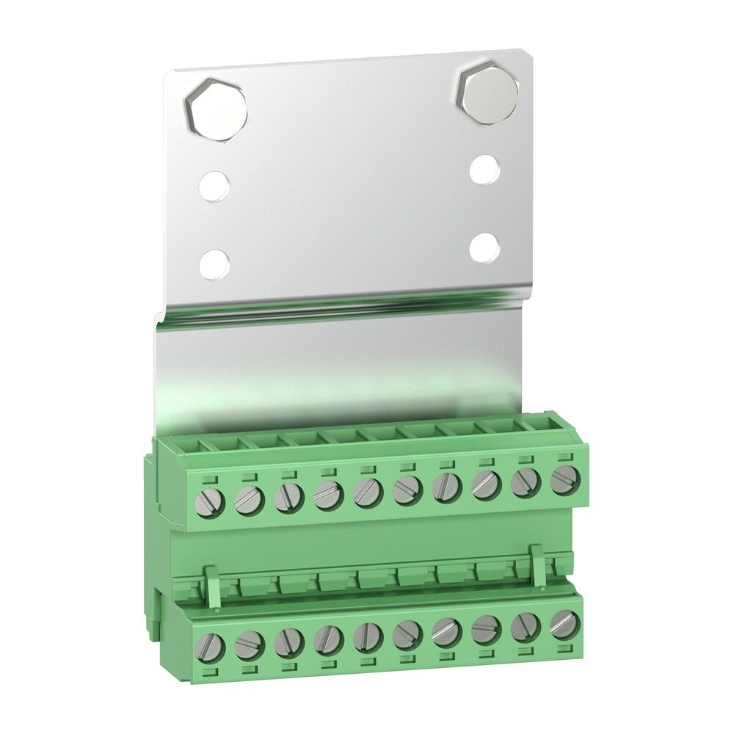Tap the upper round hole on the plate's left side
pos(214,187)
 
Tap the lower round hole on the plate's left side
pos(214,264)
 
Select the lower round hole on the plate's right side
pos(484,247)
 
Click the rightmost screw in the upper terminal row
pos(564,479)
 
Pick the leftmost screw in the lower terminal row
pos(210,645)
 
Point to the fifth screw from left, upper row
pos(367,491)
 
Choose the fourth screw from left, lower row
pos(327,640)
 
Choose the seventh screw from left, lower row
pos(446,632)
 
